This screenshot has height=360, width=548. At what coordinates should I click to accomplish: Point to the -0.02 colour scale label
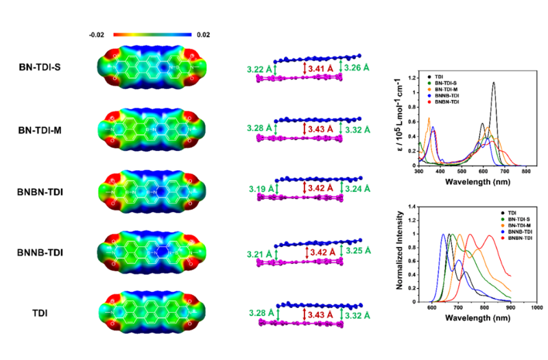point(97,34)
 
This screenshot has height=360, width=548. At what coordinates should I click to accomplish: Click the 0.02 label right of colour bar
point(203,34)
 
